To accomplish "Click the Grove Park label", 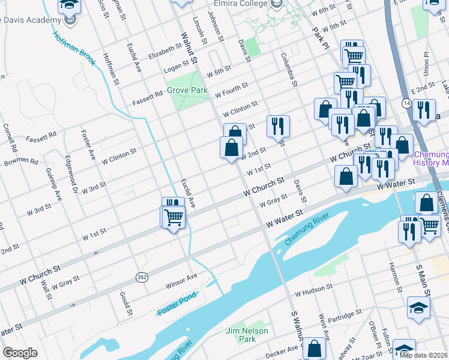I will point(187,91).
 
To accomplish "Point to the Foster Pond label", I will point(176,311).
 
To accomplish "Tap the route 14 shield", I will point(407,104).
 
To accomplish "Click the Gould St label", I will point(125,303).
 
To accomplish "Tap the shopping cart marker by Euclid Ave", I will point(174,217).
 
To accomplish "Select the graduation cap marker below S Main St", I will point(418,308).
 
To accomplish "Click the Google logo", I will point(20,353).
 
